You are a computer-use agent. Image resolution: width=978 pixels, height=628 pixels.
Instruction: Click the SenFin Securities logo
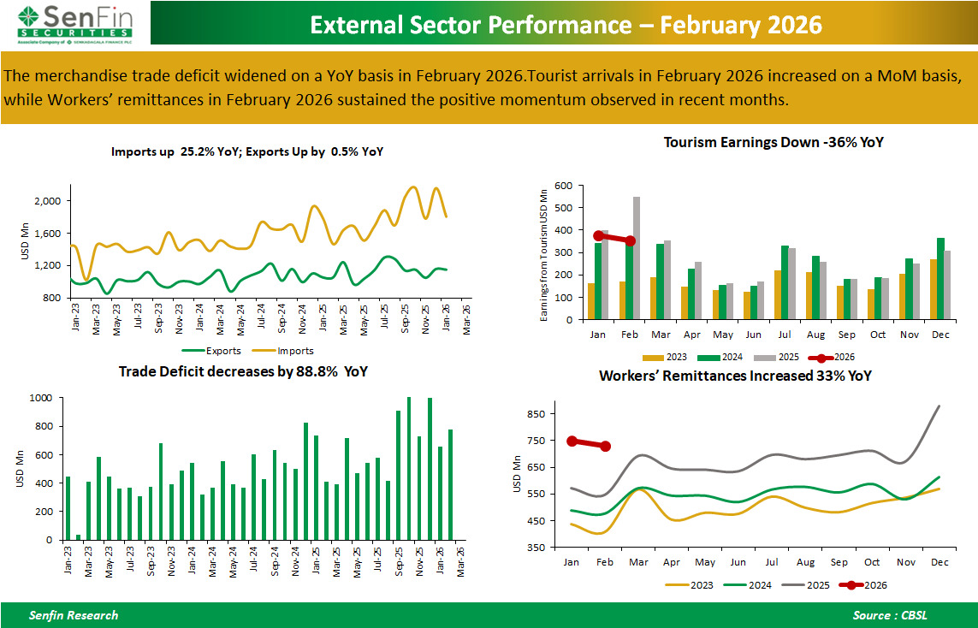74,22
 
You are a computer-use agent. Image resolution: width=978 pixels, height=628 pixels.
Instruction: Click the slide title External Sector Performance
566,25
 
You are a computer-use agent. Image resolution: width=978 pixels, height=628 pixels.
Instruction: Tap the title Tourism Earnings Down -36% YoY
773,143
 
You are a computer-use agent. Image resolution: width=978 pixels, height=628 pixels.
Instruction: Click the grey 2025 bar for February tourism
636,258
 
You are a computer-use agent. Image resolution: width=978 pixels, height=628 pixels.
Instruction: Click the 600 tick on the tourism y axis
562,186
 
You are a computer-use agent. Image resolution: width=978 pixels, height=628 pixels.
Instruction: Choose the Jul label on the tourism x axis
785,334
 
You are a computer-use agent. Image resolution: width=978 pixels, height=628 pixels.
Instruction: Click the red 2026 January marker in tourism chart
598,235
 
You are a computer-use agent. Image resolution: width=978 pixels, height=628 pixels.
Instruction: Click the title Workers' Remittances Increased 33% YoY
735,376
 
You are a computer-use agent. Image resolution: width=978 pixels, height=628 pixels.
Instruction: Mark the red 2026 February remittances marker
605,446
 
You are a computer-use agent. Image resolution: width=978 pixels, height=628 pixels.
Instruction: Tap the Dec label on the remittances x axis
939,562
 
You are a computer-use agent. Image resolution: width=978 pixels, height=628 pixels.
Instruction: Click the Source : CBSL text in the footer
889,615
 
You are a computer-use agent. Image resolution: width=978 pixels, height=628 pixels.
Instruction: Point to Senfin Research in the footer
74,615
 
